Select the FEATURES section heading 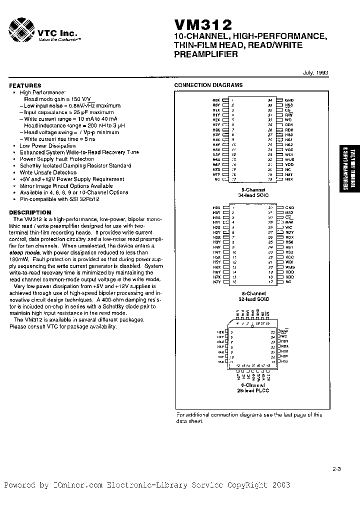[25, 86]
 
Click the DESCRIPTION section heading [30, 212]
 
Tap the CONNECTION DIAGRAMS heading [208, 85]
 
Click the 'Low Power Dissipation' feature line [47, 145]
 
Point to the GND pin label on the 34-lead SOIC [289, 100]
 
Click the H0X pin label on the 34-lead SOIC [216, 100]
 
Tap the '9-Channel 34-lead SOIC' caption [253, 192]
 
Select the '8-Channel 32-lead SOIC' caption [253, 296]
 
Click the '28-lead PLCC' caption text [253, 390]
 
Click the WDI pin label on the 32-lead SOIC [289, 261]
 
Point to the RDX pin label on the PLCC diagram [285, 346]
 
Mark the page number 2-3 [336, 468]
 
